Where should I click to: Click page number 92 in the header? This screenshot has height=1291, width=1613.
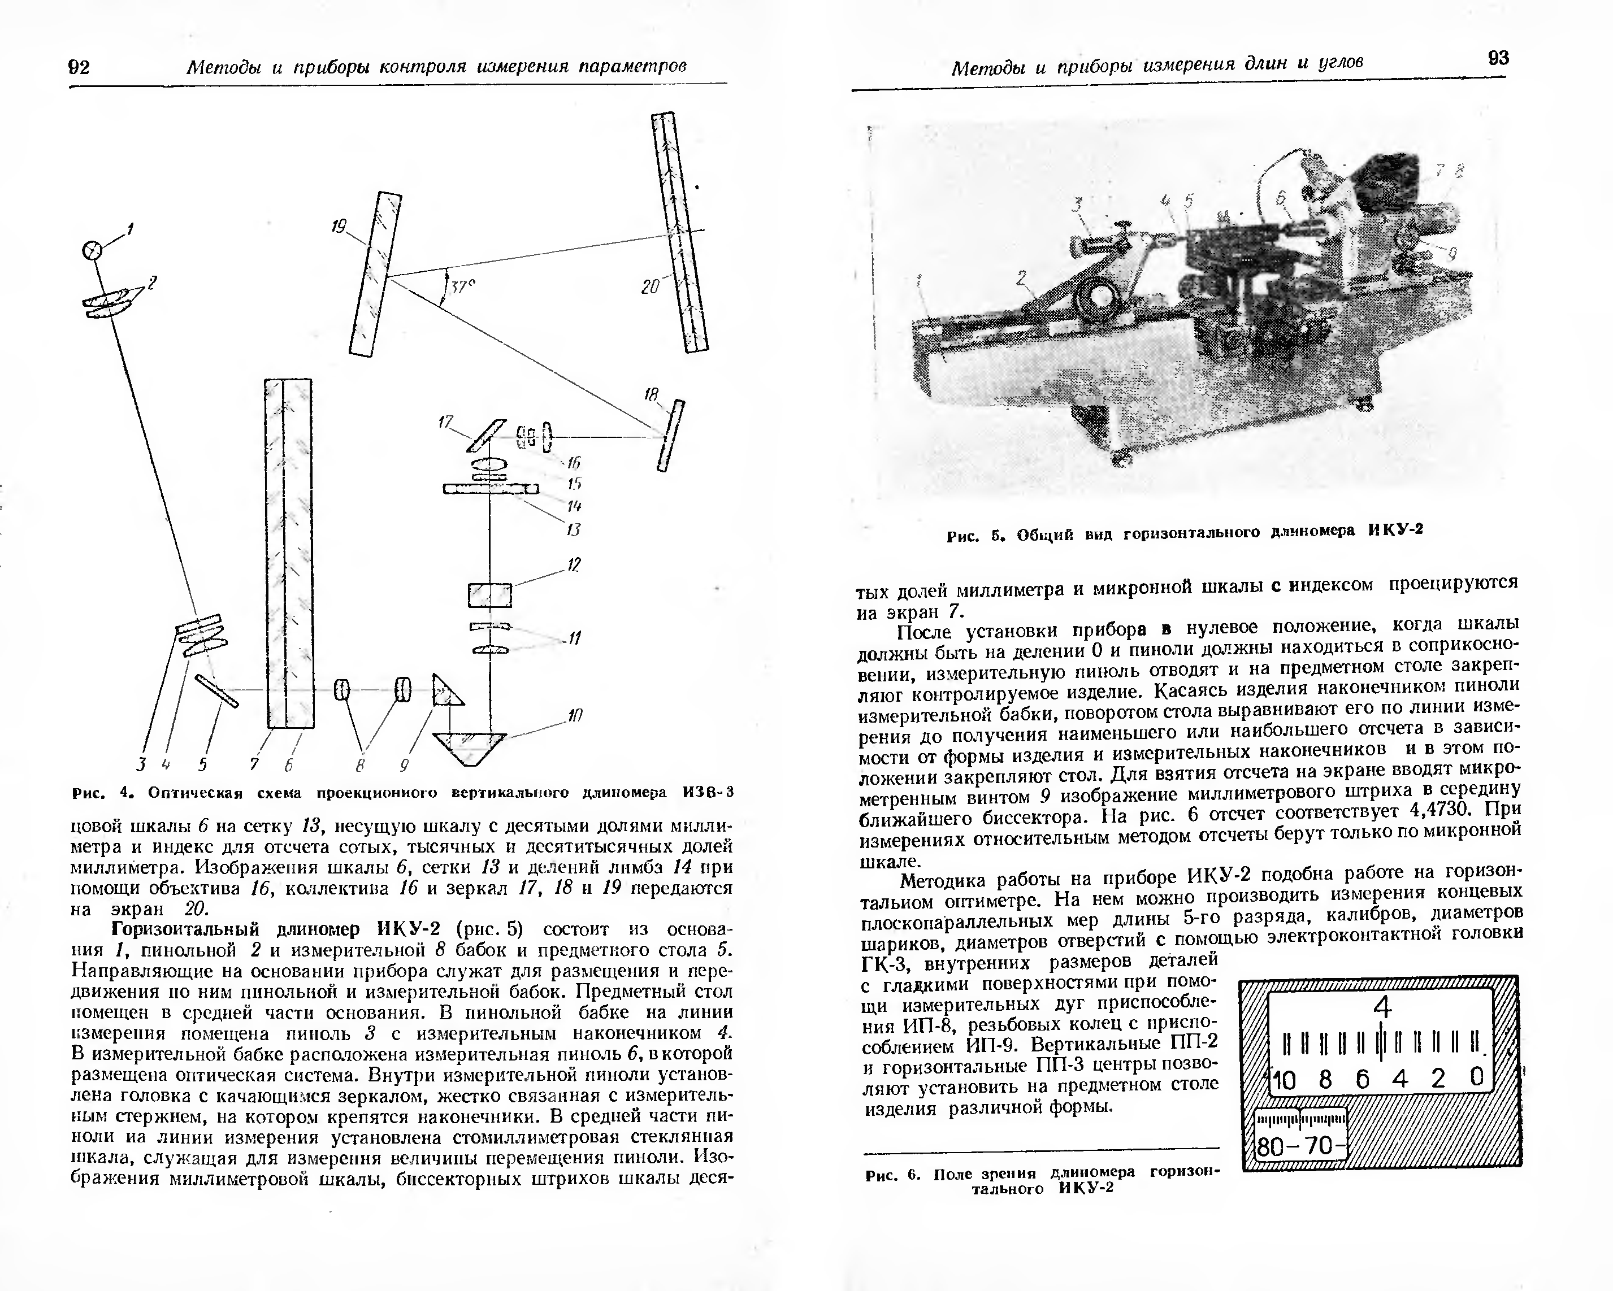(x=79, y=67)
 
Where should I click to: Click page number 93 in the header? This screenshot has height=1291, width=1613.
(x=1498, y=58)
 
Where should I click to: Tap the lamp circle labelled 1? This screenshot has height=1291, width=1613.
(x=93, y=250)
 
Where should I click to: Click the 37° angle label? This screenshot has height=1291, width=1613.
(x=462, y=287)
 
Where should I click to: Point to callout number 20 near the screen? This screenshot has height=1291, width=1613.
(x=650, y=286)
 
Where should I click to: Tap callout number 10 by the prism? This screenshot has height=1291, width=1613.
(x=575, y=715)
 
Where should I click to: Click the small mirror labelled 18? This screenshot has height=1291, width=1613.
(x=670, y=436)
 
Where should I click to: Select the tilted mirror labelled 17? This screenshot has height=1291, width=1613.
(x=485, y=435)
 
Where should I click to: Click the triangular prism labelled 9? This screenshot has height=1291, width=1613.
(x=446, y=691)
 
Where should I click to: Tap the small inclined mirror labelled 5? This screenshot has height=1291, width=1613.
(x=217, y=690)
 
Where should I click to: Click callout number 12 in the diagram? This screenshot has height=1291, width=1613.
(x=574, y=565)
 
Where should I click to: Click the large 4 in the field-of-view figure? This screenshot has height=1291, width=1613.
(x=1382, y=1009)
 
